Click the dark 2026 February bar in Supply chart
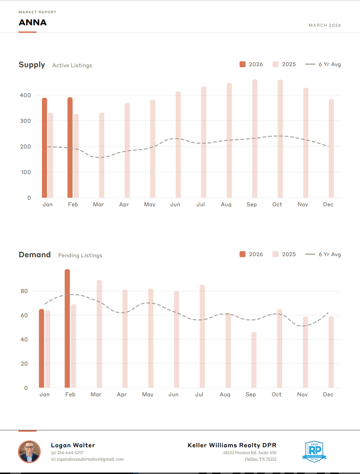70,148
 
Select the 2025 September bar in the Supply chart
255,139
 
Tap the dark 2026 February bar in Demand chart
67,329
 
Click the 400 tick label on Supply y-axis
25,95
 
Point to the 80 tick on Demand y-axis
24,291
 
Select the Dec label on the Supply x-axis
328,204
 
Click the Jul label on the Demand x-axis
199,395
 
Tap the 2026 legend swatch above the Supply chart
243,64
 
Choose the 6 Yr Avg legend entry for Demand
323,254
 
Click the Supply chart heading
32,65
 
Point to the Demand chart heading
35,255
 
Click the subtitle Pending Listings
80,255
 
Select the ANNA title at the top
33,22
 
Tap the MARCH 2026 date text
325,25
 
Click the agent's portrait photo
29,452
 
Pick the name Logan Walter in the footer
73,445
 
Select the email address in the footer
90,459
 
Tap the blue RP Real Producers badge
314,452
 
